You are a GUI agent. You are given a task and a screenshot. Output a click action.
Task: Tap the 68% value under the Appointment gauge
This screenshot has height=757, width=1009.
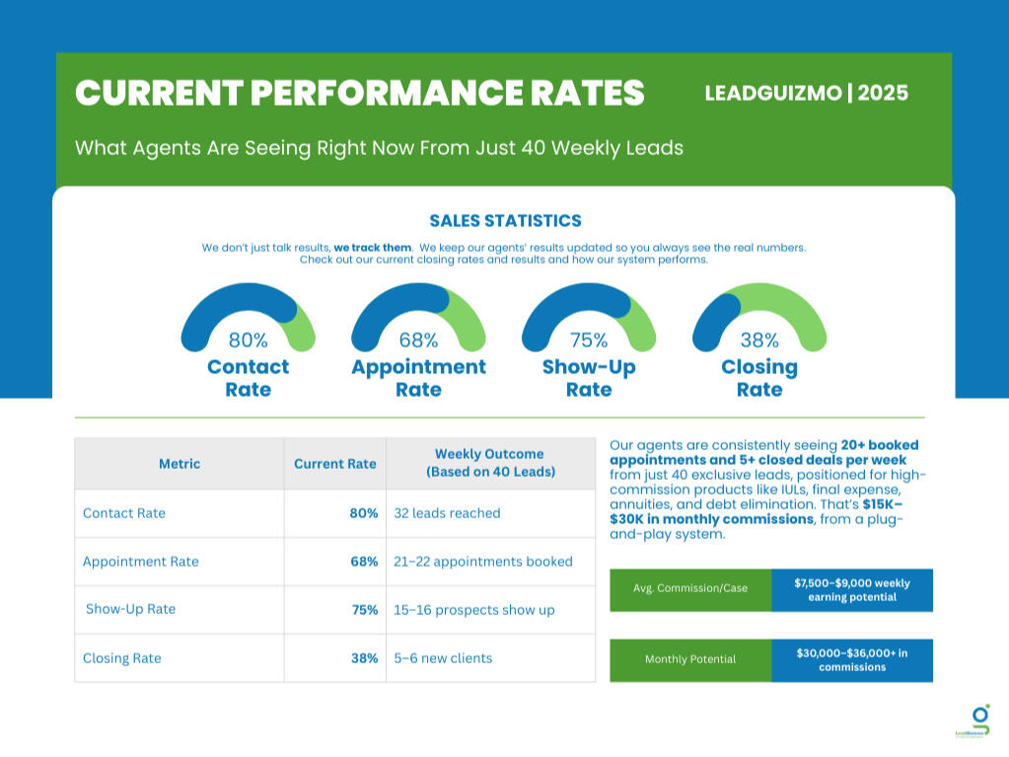point(418,341)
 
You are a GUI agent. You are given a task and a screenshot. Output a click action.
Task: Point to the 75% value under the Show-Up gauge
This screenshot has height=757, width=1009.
point(589,341)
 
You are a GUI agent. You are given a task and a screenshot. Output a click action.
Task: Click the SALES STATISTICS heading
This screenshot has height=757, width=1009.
point(505,221)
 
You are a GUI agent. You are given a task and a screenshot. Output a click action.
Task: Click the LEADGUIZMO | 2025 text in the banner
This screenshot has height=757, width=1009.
point(806,94)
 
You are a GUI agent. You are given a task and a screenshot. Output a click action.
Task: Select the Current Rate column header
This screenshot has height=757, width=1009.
point(335,464)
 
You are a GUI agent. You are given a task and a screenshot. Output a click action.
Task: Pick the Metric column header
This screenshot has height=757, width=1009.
point(180,464)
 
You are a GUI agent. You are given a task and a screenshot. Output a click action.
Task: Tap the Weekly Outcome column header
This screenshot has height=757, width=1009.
point(490,463)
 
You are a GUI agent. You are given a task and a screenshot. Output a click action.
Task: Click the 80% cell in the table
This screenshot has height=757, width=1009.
point(364,513)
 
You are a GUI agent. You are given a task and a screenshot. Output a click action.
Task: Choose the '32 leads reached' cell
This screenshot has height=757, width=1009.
point(447,513)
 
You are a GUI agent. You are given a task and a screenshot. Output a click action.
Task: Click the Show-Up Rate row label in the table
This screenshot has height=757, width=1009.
point(130,609)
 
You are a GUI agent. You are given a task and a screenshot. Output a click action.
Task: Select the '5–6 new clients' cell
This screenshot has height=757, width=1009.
point(443,658)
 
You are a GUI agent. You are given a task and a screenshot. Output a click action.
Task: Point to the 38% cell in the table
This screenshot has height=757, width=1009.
point(364,658)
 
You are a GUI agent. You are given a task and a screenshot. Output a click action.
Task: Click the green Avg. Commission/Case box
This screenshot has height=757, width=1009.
point(690,588)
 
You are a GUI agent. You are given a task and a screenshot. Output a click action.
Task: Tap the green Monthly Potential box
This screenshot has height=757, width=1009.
point(690,659)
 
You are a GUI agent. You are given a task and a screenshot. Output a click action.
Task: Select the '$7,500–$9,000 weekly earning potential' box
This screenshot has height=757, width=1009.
point(852,590)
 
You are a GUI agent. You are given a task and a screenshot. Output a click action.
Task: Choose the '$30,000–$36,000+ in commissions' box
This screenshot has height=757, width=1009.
point(852,659)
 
